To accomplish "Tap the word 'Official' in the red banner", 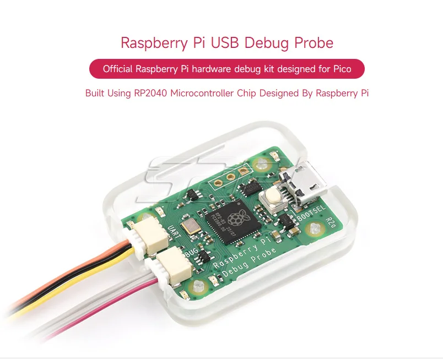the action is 119,69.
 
